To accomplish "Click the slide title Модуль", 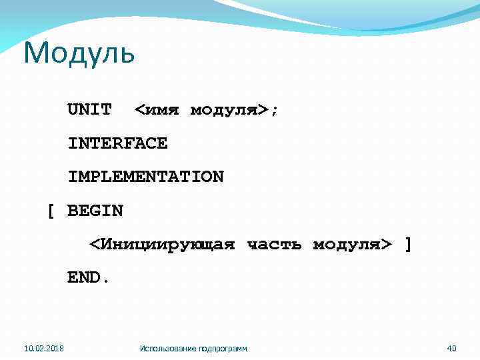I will pos(79,53).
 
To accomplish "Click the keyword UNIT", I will pos(89,109).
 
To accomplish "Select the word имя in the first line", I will pos(163,109).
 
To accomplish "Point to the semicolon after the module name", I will pos(274,110).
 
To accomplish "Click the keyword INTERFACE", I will pos(117,143).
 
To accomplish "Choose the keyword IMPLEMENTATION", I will pos(145,177).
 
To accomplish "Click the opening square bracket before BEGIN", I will pos(50,211).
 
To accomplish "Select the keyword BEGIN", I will pos(95,211).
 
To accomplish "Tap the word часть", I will pos(274,245).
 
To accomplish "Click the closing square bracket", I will pos(408,245).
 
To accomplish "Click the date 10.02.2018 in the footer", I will pos(43,348).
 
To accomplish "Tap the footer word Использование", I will pos(169,348).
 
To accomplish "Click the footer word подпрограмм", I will pos(223,348).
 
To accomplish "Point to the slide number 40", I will pos(451,348).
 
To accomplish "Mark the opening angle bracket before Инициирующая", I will pos(95,245).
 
